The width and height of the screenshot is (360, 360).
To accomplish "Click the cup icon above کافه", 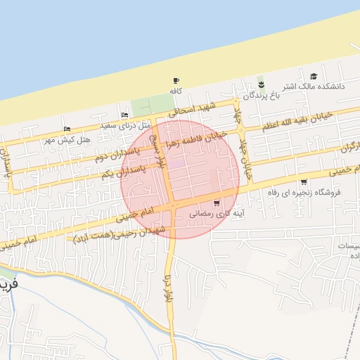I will click(x=176, y=81).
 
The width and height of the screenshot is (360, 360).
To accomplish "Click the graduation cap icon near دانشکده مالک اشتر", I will click(x=314, y=76).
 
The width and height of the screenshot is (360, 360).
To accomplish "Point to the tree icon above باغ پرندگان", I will click(x=261, y=82).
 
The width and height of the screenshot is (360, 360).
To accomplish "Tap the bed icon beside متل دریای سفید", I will click(x=124, y=115).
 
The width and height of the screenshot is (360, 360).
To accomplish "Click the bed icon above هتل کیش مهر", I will click(x=67, y=129).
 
